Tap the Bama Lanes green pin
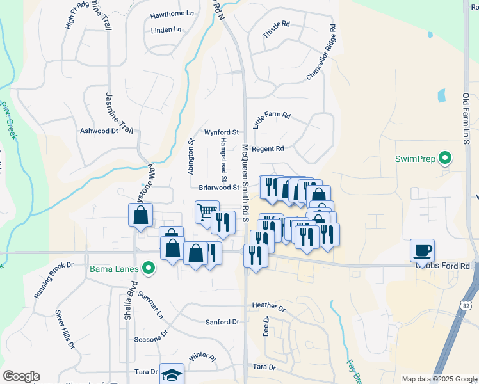point(149,268)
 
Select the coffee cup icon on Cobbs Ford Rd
point(422,250)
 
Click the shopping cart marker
point(207,212)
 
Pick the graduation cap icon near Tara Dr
point(171,374)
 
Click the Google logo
point(21,376)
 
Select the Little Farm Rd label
point(272,120)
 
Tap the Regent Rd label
point(268,148)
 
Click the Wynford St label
point(221,132)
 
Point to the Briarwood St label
point(218,188)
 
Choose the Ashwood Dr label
point(99,131)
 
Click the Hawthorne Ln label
point(172,13)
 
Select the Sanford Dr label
point(222,322)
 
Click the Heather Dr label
point(268,305)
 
